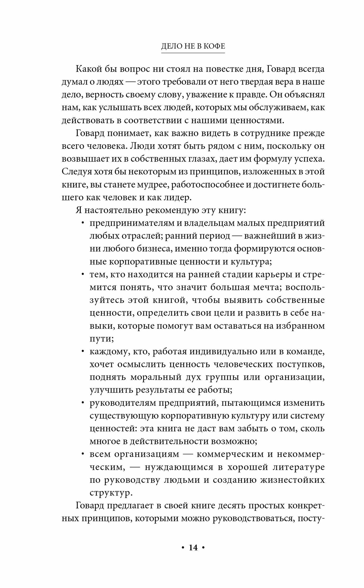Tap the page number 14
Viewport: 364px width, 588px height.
point(193,547)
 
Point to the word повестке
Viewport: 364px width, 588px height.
point(231,69)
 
